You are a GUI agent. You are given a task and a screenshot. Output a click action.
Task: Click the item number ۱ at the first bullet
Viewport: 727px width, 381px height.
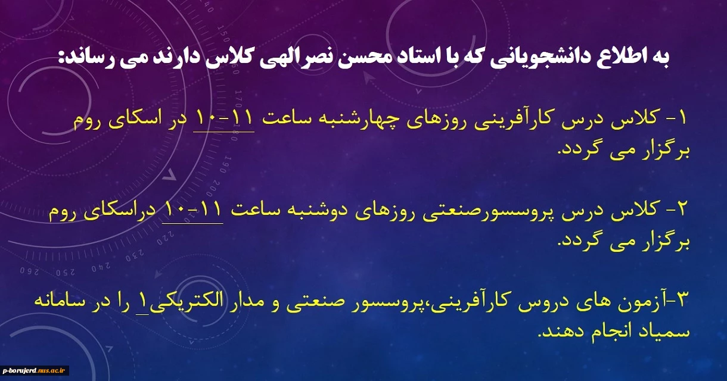[x=682, y=118]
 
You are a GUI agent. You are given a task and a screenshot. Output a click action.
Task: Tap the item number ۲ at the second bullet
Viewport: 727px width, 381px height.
[x=681, y=210]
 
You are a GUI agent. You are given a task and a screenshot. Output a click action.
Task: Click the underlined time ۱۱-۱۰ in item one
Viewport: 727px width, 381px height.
[x=223, y=118]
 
